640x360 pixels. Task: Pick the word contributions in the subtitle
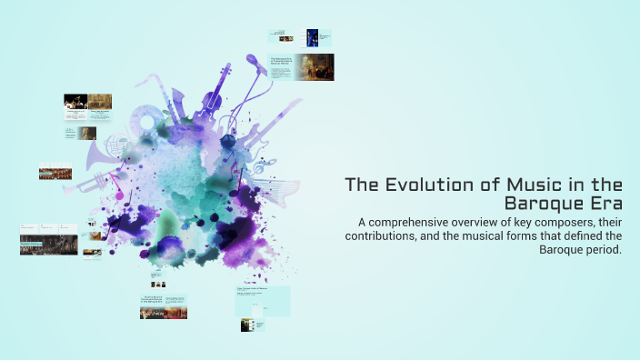click(x=385, y=236)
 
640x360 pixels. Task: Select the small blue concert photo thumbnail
click(x=312, y=37)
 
